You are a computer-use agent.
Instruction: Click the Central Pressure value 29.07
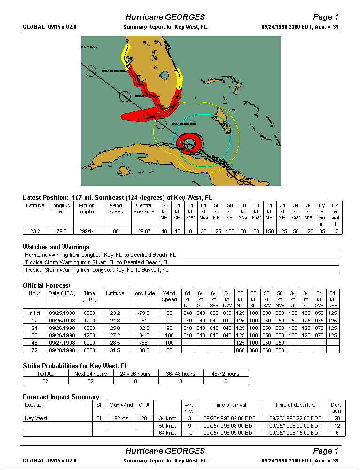coord(144,230)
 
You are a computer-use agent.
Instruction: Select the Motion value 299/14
coord(86,230)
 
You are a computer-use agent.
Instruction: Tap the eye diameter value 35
coord(322,230)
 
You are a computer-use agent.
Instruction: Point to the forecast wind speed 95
coord(169,328)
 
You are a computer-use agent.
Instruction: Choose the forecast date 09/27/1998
coord(62,343)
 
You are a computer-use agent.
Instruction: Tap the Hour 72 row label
coord(34,350)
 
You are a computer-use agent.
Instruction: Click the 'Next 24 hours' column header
coord(91,374)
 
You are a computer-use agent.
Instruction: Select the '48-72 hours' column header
coord(226,374)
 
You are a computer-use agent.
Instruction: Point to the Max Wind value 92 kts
coord(121,418)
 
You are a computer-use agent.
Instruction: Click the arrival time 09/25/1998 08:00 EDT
coord(229,425)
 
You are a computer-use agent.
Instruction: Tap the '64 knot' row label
coord(168,433)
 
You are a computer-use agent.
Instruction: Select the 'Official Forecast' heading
coord(47,285)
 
